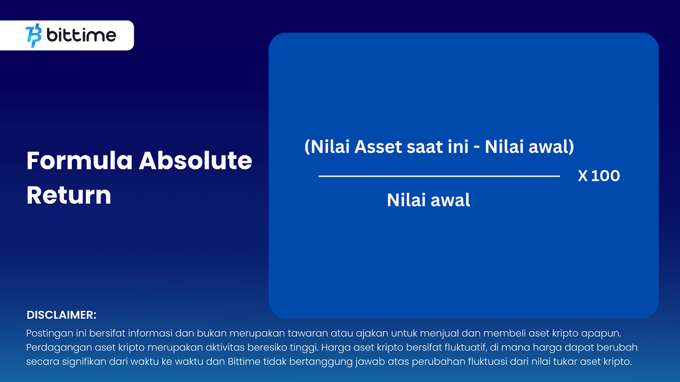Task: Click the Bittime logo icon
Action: (34, 36)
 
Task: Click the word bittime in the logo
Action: (81, 35)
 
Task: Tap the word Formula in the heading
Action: (79, 161)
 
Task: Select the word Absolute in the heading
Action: (195, 161)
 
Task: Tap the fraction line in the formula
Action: (439, 176)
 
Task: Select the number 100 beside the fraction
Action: (605, 176)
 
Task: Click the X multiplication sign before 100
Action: (583, 176)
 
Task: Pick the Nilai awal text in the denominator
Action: (428, 200)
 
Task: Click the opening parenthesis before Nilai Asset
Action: (308, 147)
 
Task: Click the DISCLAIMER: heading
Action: (62, 315)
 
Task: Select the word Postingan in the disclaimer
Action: (49, 334)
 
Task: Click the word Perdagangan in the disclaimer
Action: (59, 348)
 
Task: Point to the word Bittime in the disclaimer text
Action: (244, 362)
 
